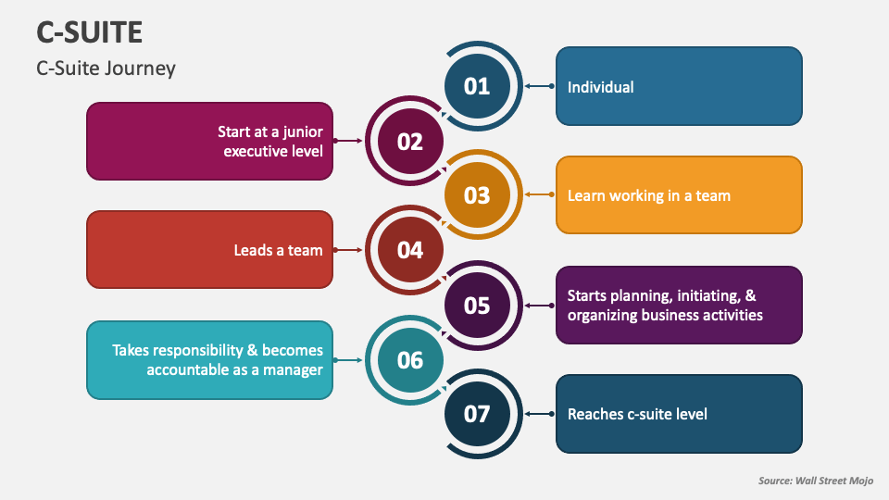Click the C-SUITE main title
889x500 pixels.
pyautogui.click(x=90, y=32)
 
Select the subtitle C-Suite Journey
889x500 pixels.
pyautogui.click(x=106, y=69)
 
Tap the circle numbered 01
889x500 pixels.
pyautogui.click(x=477, y=86)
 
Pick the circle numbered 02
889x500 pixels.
pyautogui.click(x=410, y=141)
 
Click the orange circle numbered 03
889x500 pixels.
pyautogui.click(x=477, y=195)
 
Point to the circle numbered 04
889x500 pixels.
pyautogui.click(x=410, y=250)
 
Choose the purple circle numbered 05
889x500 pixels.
pyautogui.click(x=477, y=305)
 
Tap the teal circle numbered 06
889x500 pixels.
pyautogui.click(x=410, y=359)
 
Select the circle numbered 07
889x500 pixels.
pyautogui.click(x=477, y=414)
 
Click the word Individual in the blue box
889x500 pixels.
pyautogui.click(x=600, y=87)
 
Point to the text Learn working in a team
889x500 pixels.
pyautogui.click(x=648, y=195)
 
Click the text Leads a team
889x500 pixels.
pyautogui.click(x=278, y=250)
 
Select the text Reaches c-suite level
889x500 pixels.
pyautogui.click(x=637, y=414)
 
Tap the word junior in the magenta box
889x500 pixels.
pyautogui.click(x=300, y=131)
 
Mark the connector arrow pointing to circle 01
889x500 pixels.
pyautogui.click(x=539, y=86)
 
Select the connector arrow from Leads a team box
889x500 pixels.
pyautogui.click(x=348, y=250)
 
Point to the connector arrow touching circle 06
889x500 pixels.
pyautogui.click(x=348, y=359)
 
